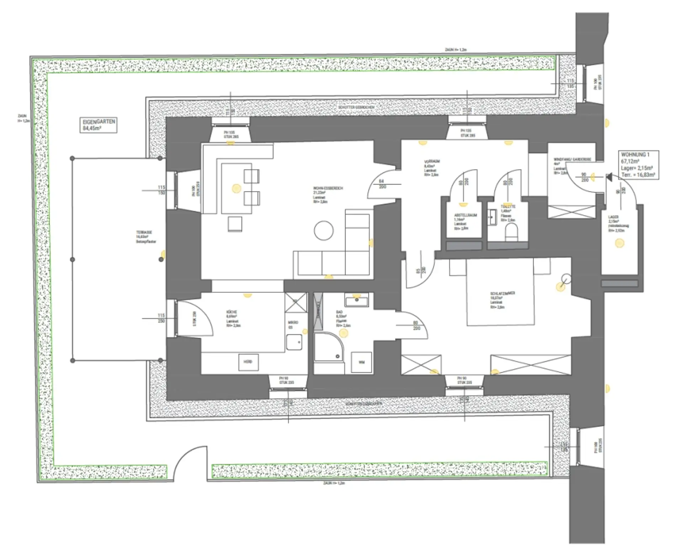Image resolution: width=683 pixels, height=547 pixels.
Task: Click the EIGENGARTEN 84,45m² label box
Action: (x=98, y=125)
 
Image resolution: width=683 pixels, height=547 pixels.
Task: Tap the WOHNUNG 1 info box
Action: (x=638, y=164)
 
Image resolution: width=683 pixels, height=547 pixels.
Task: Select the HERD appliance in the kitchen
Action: (x=248, y=362)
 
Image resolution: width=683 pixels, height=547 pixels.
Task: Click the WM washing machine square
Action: (x=361, y=362)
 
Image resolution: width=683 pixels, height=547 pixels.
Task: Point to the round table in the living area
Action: (x=324, y=231)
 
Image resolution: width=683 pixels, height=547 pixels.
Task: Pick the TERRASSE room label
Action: (x=145, y=237)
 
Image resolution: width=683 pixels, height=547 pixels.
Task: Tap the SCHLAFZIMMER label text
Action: (x=502, y=299)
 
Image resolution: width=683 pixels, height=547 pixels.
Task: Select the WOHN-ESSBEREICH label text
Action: (x=327, y=194)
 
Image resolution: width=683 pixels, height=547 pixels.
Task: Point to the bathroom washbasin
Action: (x=357, y=301)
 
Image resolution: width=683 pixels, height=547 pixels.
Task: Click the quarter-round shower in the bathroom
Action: (x=328, y=347)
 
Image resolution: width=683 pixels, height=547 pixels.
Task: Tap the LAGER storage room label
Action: (x=618, y=223)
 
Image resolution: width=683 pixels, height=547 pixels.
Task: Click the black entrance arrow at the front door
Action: (x=609, y=177)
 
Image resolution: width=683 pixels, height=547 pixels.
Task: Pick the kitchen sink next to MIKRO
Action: (x=294, y=342)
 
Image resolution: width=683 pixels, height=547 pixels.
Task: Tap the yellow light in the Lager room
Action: (x=620, y=243)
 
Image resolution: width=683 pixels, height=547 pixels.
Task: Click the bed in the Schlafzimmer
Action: (x=500, y=292)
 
